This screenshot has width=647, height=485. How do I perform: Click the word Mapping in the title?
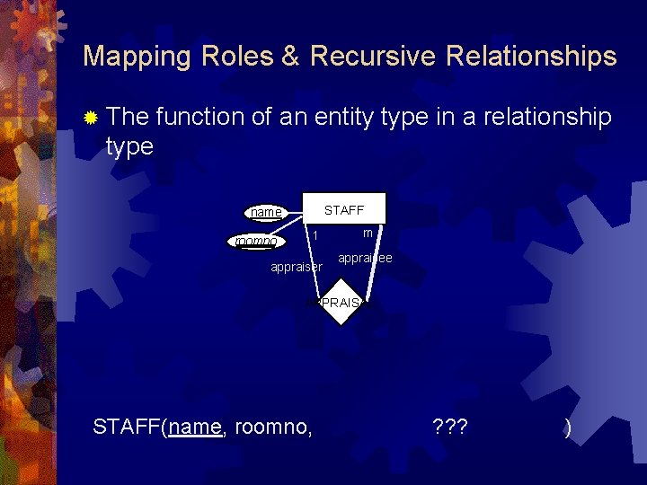click(x=137, y=57)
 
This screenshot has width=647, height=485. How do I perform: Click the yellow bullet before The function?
click(x=91, y=118)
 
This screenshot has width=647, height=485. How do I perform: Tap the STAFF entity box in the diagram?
click(x=344, y=209)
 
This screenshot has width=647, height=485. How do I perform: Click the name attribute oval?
click(x=266, y=213)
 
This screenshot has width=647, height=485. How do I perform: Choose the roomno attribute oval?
click(x=255, y=241)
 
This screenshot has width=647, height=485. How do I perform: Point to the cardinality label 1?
click(x=315, y=236)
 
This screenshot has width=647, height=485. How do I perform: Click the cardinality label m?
click(x=368, y=233)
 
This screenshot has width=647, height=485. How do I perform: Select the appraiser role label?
click(x=297, y=267)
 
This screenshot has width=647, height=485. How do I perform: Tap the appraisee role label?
click(x=365, y=259)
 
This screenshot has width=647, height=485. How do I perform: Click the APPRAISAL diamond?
click(x=341, y=304)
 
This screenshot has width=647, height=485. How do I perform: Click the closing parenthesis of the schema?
click(x=567, y=428)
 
